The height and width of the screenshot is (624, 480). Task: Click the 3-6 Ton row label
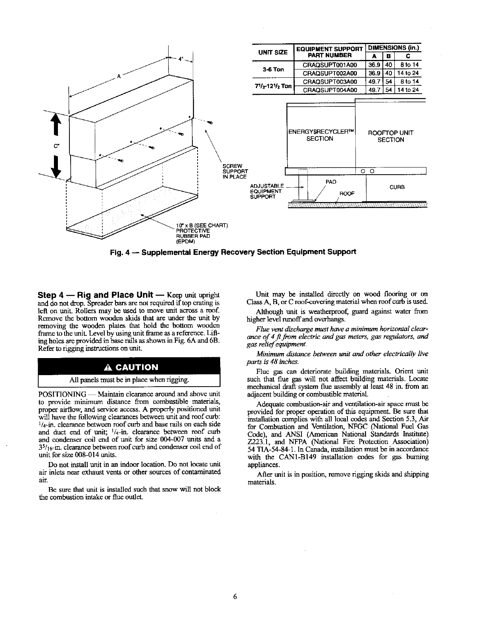pos(273,69)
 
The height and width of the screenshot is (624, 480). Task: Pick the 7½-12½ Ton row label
pos(273,86)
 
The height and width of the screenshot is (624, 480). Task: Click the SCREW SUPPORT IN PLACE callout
pos(235,171)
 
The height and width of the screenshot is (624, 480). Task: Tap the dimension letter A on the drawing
pos(119,77)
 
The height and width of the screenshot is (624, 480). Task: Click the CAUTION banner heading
pos(129,367)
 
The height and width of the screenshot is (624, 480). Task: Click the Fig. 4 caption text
pos(232,252)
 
